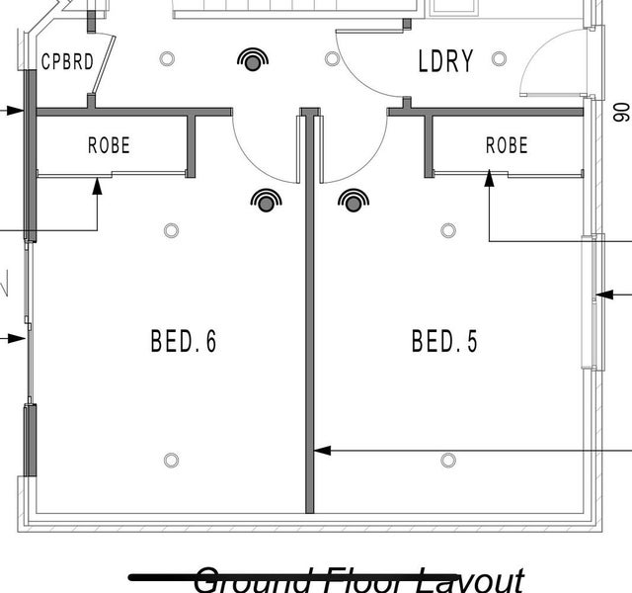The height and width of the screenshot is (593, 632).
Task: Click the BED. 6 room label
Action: click(x=183, y=342)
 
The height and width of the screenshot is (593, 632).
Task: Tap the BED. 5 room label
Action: click(x=444, y=342)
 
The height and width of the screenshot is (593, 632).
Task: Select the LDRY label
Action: click(x=445, y=61)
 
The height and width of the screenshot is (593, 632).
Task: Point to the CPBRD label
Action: click(x=68, y=62)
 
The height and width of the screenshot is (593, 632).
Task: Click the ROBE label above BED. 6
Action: click(x=109, y=145)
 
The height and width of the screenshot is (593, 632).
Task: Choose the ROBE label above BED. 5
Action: click(x=507, y=145)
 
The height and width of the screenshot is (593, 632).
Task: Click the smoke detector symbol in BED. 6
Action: click(x=265, y=203)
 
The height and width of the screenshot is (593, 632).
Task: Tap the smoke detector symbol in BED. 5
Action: click(x=353, y=203)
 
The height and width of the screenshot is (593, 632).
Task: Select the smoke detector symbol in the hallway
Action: click(x=254, y=62)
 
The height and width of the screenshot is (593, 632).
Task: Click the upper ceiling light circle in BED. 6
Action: click(x=171, y=230)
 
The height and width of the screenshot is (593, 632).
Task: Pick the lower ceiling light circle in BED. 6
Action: click(x=171, y=460)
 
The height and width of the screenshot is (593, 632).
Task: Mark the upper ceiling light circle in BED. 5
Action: click(x=448, y=230)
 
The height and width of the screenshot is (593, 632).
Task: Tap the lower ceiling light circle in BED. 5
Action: click(x=448, y=460)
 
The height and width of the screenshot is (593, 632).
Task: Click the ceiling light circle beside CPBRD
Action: click(x=168, y=58)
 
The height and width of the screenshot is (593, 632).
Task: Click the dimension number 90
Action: click(x=620, y=111)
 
